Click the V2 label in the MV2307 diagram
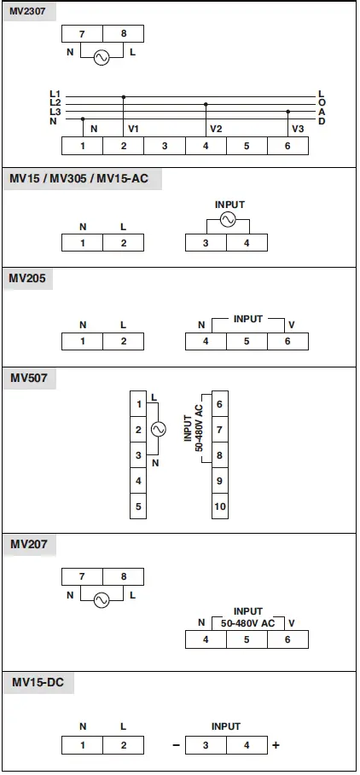(x=216, y=129)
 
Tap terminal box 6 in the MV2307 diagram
(x=287, y=146)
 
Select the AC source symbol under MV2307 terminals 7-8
(x=102, y=58)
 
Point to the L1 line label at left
(x=55, y=93)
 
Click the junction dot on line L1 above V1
(x=124, y=97)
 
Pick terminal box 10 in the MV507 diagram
(x=220, y=507)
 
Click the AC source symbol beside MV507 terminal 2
(x=158, y=430)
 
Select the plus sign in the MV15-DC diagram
(x=276, y=745)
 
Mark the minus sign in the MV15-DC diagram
(x=176, y=745)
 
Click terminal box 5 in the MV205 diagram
(x=247, y=341)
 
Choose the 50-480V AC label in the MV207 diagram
(x=247, y=623)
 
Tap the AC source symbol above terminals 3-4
(x=227, y=219)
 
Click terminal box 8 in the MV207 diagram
(x=123, y=577)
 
